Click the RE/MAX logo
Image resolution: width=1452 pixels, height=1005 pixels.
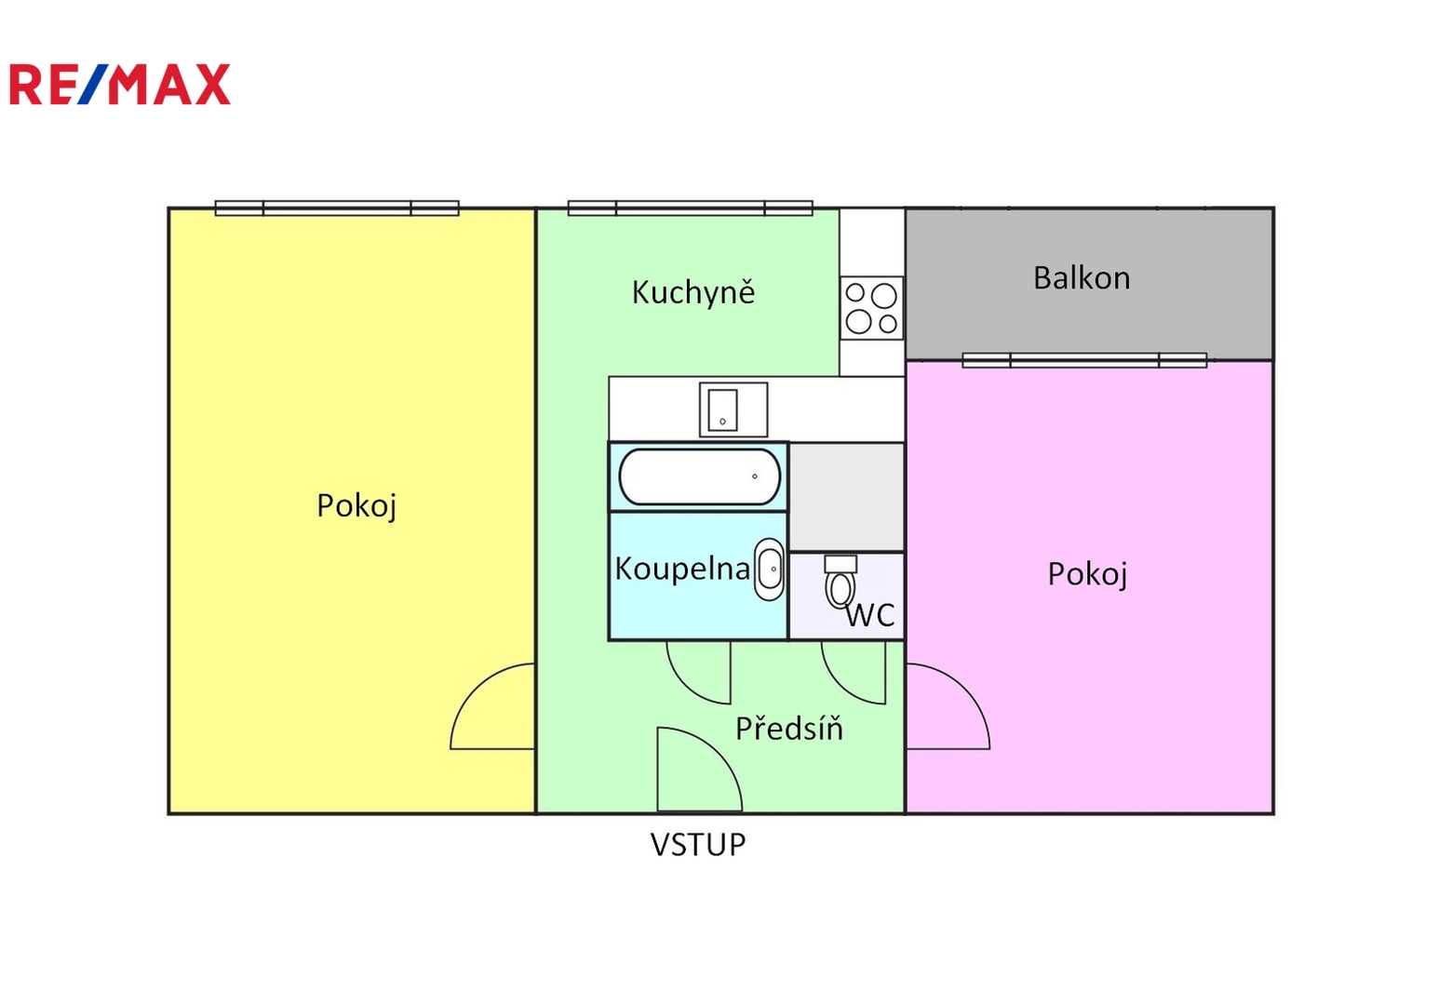coord(120,85)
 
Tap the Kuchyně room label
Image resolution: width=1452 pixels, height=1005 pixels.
coord(692,293)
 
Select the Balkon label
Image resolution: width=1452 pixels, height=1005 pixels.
coord(1082,278)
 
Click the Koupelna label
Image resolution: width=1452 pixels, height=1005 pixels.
coord(682,569)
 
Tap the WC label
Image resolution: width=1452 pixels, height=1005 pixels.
coord(870,615)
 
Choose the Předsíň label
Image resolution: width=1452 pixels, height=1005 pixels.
coord(789,728)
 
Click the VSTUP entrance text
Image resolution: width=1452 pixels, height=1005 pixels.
coord(698,845)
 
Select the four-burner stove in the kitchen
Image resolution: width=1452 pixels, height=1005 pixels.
coord(872,308)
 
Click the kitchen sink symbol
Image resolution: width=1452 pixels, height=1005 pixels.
coord(733,409)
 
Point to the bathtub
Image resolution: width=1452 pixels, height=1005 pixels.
coord(699,476)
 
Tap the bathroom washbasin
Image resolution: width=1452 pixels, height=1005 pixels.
coord(770,569)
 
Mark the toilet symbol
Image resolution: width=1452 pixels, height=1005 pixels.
coord(840,582)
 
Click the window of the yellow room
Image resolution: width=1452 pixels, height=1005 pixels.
coord(337,208)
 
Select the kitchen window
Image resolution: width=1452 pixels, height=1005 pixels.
coord(691,208)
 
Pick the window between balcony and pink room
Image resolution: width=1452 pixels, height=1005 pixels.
coord(1084,360)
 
